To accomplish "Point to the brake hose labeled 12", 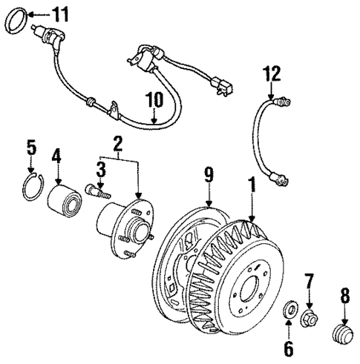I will [264, 141].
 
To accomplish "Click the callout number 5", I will [30, 148].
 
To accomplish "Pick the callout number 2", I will [118, 142].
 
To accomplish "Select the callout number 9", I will [209, 175].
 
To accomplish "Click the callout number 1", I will [254, 180].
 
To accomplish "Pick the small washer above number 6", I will [290, 308].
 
